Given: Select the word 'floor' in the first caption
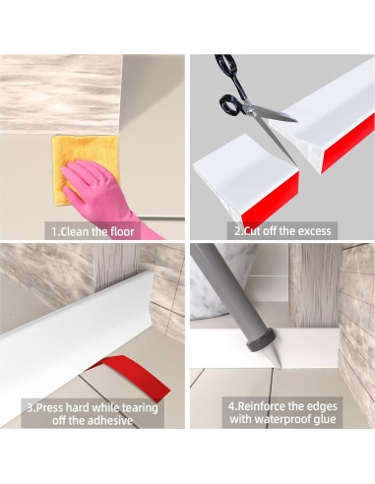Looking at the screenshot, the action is (x=122, y=231).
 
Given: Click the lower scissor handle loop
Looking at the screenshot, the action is (x=229, y=105).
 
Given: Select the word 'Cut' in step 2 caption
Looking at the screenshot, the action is (x=252, y=231).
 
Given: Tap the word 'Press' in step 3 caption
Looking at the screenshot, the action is (x=49, y=407).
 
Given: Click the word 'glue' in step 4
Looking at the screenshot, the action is (x=325, y=419).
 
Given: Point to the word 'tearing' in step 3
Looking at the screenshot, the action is (x=140, y=408).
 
